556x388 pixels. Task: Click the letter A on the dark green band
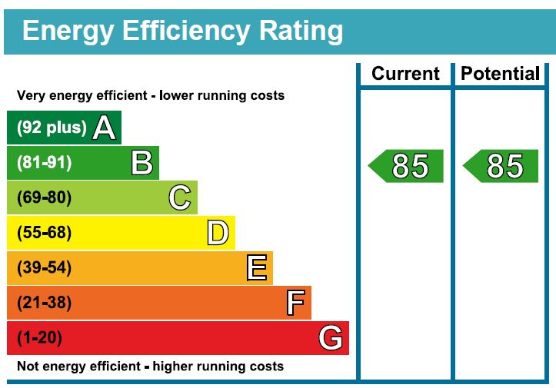(x=105, y=128)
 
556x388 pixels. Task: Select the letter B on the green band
(x=141, y=163)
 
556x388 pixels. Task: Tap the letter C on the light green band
(x=179, y=198)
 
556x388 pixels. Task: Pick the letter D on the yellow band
(x=218, y=233)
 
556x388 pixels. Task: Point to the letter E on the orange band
(x=257, y=268)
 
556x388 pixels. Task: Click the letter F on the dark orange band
(x=295, y=303)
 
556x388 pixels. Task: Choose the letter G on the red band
(x=331, y=338)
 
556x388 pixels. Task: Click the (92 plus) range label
(x=52, y=128)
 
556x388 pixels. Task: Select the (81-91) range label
(x=44, y=163)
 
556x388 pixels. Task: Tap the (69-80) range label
(x=44, y=198)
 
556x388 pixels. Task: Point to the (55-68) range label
(x=44, y=233)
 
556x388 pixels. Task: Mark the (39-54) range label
(x=44, y=268)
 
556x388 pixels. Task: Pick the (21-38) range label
(x=44, y=303)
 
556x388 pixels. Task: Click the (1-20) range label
(x=39, y=338)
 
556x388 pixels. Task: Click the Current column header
(x=405, y=74)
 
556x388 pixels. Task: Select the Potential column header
(x=500, y=74)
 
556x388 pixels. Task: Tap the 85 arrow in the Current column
(x=407, y=166)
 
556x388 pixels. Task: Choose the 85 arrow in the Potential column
(x=501, y=166)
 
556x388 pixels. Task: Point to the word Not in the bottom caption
(x=28, y=366)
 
